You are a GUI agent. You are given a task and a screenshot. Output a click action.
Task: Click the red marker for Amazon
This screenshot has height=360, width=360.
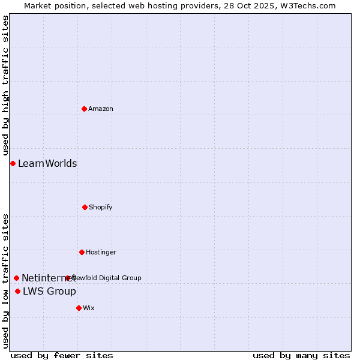[84, 109]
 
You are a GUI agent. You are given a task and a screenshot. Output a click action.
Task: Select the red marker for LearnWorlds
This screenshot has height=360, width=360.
[13, 163]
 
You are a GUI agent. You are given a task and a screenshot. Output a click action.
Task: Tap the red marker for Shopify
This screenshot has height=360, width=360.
[85, 207]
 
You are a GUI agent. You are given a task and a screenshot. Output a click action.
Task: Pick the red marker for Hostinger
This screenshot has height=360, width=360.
[82, 252]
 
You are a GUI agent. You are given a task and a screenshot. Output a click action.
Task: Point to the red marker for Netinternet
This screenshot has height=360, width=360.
[16, 278]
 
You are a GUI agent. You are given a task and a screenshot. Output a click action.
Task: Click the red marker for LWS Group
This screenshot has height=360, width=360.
[17, 291]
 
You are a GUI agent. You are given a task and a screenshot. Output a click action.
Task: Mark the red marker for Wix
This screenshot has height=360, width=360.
[79, 308]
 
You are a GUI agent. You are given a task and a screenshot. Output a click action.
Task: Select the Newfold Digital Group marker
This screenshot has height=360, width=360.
[67, 278]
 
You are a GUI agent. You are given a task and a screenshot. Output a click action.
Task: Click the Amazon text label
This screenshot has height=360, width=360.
[101, 109]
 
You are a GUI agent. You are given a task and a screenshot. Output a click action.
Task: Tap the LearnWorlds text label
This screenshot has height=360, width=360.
[47, 163]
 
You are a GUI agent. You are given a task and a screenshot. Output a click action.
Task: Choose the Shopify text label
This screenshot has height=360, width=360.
[101, 207]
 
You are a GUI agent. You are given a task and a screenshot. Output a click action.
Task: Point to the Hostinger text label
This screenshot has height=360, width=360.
[101, 252]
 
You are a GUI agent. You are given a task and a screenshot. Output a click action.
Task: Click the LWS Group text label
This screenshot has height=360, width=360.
[49, 291]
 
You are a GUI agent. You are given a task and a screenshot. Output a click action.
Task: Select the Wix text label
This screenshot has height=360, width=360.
[89, 308]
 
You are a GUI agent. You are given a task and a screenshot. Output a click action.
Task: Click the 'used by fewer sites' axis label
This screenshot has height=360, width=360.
[62, 355]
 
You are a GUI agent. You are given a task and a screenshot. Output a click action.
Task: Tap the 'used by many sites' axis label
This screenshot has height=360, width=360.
[301, 355]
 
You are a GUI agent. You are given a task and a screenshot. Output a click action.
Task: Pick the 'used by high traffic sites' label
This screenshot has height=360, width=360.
[5, 85]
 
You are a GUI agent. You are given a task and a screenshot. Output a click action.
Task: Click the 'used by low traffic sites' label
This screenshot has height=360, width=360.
[5, 280]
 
